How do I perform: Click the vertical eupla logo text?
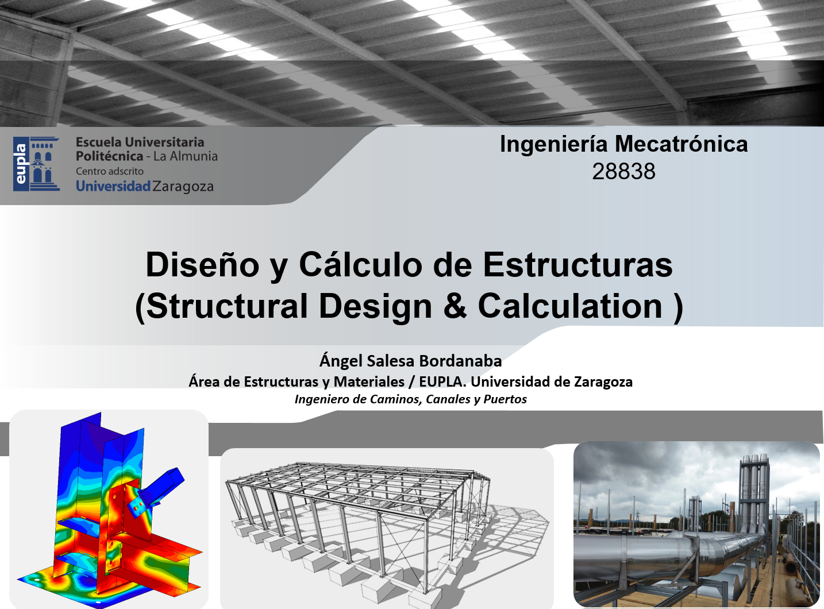click(x=21, y=164)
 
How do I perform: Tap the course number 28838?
click(x=624, y=171)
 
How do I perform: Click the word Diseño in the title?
click(x=202, y=264)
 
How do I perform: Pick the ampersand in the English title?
click(x=455, y=306)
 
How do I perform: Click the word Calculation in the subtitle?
click(x=570, y=306)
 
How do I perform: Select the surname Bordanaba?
click(x=460, y=361)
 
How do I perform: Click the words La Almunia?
click(x=186, y=156)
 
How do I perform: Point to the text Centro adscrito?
click(x=110, y=171)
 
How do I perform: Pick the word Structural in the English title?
click(x=227, y=306)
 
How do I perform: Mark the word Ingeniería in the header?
click(x=553, y=144)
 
